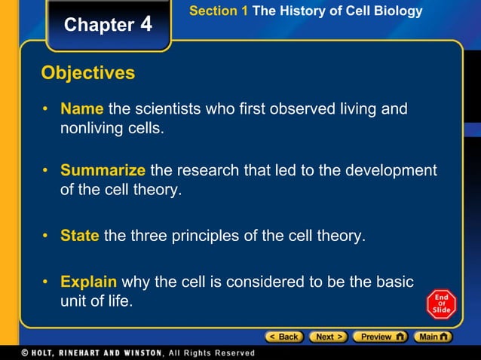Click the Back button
(x=283, y=337)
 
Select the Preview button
(x=380, y=337)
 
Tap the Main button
(x=435, y=337)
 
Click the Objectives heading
(x=88, y=73)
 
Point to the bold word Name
(x=82, y=109)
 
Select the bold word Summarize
(x=103, y=170)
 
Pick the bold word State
(x=80, y=236)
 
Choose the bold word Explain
(x=89, y=282)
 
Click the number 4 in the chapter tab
(x=146, y=24)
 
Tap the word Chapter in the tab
(x=99, y=25)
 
